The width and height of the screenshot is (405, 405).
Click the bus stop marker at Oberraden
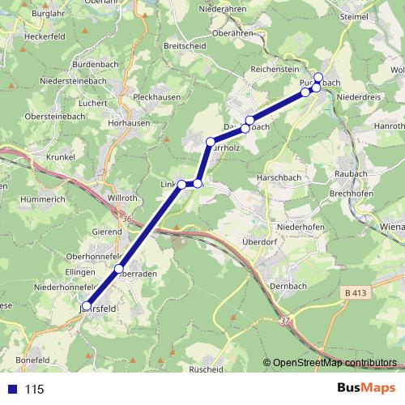click(119, 269)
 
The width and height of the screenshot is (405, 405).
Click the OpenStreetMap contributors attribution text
click(335, 363)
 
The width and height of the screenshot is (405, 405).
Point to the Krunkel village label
click(60, 156)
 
